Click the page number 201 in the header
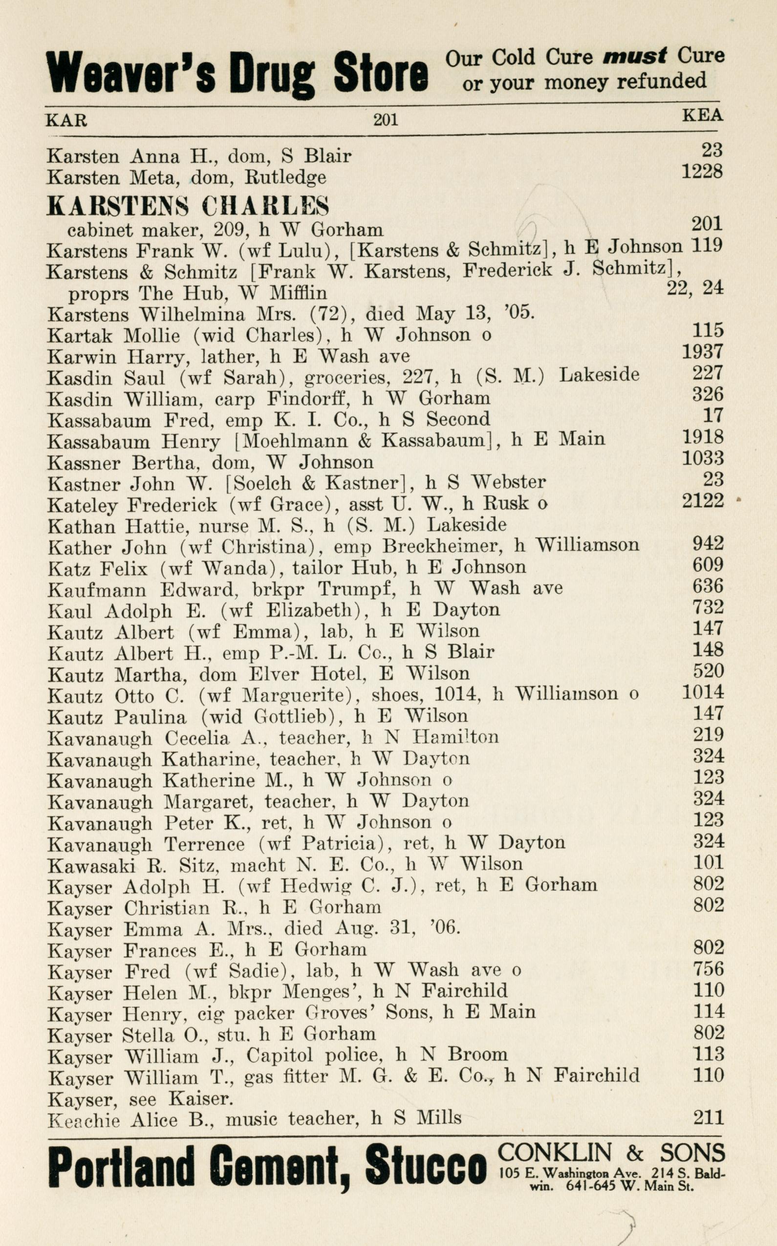click(x=386, y=120)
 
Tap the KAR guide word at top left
click(x=66, y=120)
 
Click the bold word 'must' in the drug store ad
click(x=635, y=56)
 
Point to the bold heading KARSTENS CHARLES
click(x=188, y=206)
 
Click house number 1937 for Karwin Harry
click(x=703, y=352)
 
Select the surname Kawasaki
click(x=91, y=865)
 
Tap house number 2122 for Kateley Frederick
click(x=703, y=500)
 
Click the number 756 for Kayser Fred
click(x=708, y=969)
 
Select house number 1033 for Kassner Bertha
click(x=703, y=458)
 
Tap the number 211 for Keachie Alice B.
click(x=708, y=1117)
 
